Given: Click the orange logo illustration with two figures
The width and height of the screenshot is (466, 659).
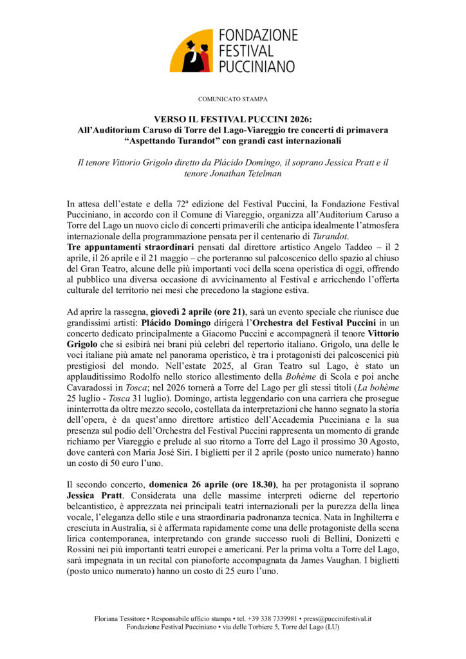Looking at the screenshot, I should [191, 51].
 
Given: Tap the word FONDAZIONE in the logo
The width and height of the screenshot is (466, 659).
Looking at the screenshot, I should [257, 35].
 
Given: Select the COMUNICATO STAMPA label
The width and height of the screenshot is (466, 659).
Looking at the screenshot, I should [232, 99].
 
